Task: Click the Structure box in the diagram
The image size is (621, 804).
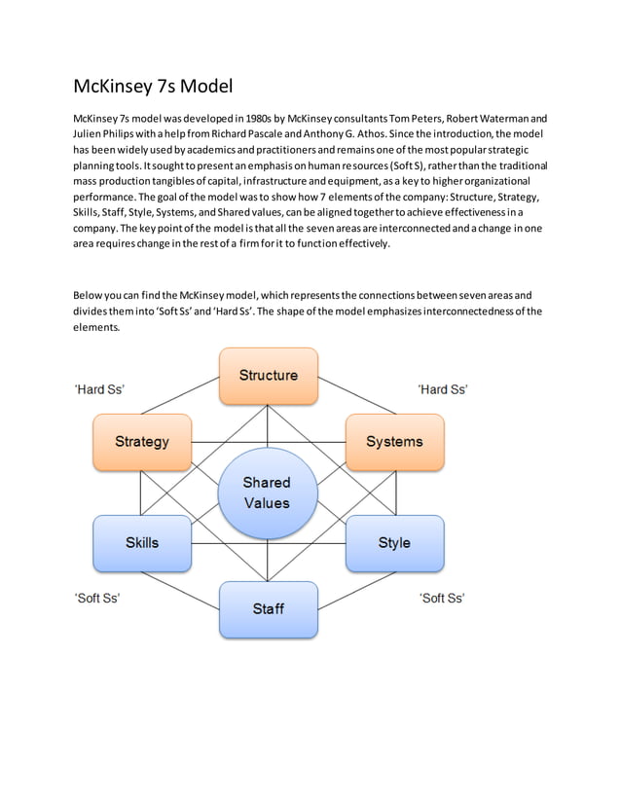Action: click(x=268, y=375)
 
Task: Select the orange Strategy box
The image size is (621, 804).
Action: click(x=142, y=441)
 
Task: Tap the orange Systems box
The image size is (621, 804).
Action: click(x=394, y=441)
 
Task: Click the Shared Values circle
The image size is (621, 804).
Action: click(x=267, y=493)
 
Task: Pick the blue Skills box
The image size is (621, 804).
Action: click(x=142, y=542)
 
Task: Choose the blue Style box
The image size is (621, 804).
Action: click(x=394, y=542)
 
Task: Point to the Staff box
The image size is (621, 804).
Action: click(x=268, y=608)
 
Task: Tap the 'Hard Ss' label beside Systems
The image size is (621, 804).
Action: click(x=443, y=389)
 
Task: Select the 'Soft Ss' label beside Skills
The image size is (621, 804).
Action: click(x=97, y=598)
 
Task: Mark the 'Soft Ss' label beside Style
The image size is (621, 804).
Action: click(x=442, y=598)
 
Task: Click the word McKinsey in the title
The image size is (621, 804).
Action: click(x=112, y=87)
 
